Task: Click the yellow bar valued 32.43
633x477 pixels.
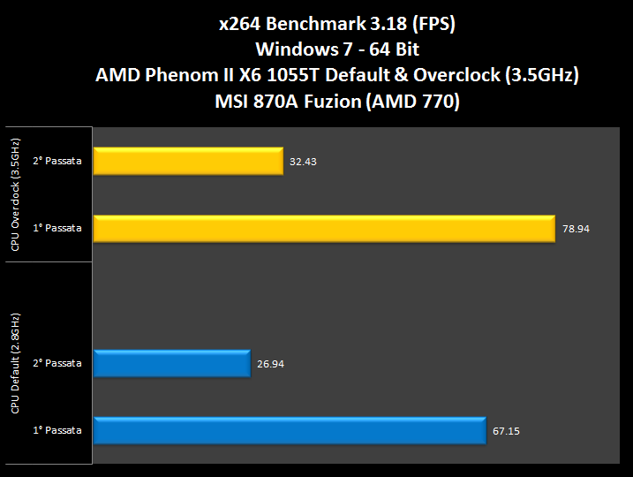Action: click(187, 161)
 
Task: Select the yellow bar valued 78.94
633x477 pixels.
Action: click(323, 228)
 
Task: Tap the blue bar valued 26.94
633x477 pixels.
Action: click(170, 363)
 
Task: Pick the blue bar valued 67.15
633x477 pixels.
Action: click(289, 430)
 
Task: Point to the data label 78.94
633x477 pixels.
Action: click(576, 229)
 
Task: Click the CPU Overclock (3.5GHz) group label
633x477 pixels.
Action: click(16, 194)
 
